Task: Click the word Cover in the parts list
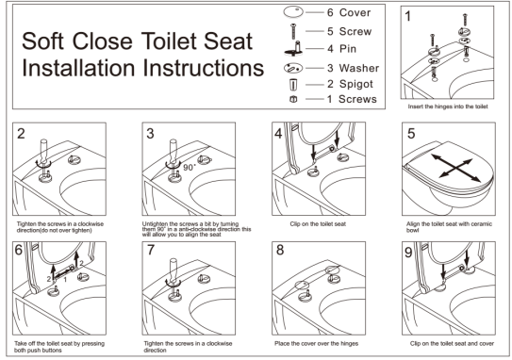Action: coord(355,13)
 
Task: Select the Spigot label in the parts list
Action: coord(355,84)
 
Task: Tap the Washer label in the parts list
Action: coord(359,68)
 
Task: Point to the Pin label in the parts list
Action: coord(348,49)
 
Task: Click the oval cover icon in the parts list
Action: coord(293,12)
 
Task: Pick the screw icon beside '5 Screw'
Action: coord(293,32)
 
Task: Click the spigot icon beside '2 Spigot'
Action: coord(293,85)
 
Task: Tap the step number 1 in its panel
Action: coord(407,16)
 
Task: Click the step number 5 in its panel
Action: coord(411,133)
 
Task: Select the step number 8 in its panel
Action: coord(280,250)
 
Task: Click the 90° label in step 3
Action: coord(190,168)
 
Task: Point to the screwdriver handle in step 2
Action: coord(43,149)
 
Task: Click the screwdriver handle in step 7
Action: coord(173,269)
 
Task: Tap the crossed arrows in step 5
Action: coord(455,168)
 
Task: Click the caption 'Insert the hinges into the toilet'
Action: coord(448,106)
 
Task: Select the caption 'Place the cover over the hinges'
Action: coord(317,343)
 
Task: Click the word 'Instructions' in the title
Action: coord(203,68)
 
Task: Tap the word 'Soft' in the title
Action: coord(42,41)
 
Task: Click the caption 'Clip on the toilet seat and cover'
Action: coord(452,343)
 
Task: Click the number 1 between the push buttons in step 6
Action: coord(65,279)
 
